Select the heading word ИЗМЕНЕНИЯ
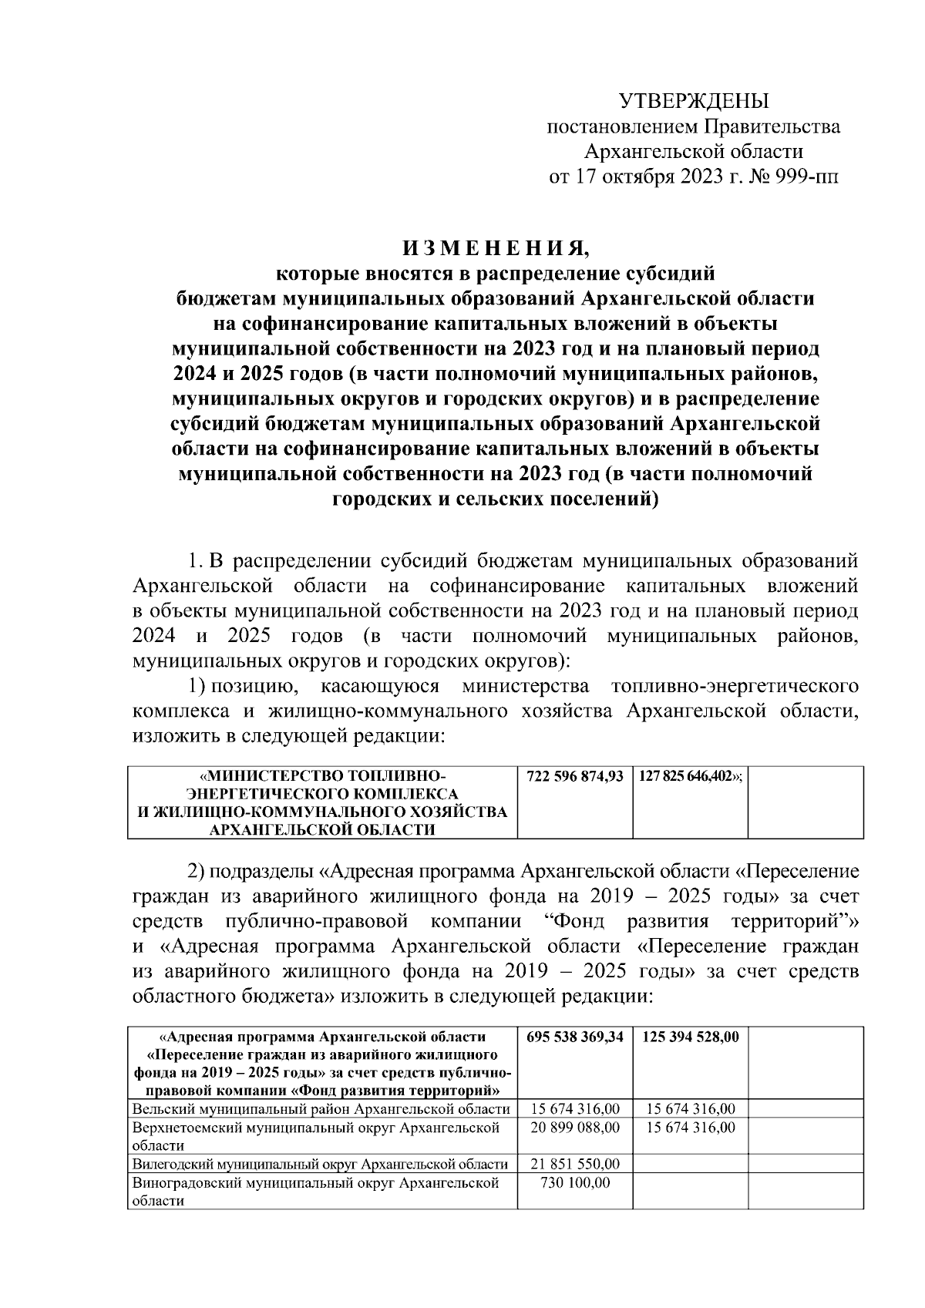click(x=494, y=249)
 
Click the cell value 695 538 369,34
click(x=574, y=1037)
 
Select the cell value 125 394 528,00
click(x=689, y=1037)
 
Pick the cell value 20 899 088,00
click(x=574, y=1127)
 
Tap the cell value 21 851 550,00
click(x=574, y=1164)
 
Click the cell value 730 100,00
click(x=574, y=1182)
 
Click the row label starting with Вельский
click(x=321, y=1109)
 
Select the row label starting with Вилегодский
click(x=320, y=1164)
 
